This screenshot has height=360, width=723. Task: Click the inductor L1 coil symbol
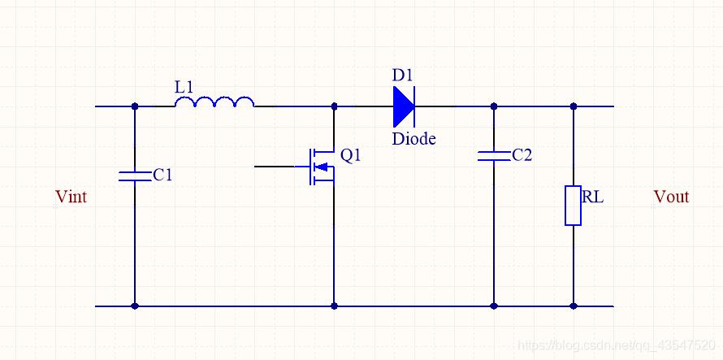click(214, 102)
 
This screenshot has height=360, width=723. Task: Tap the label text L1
click(185, 85)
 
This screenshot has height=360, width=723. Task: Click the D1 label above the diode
click(403, 76)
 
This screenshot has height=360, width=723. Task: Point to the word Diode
click(413, 139)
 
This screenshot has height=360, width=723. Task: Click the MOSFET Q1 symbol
click(322, 166)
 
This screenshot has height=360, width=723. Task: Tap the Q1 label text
click(351, 155)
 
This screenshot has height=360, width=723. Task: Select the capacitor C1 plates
click(135, 175)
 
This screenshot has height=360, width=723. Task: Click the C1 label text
click(162, 174)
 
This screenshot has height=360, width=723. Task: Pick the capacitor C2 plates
click(494, 155)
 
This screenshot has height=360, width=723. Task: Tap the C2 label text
click(522, 154)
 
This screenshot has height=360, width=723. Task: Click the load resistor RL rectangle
click(574, 205)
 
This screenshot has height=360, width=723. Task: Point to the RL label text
click(593, 196)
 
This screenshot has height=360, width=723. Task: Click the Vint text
click(71, 197)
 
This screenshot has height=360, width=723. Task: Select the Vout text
click(671, 197)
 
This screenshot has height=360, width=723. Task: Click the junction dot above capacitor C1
click(135, 106)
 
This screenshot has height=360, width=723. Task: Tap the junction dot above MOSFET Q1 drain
click(334, 106)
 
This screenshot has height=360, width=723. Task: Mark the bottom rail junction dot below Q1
click(334, 306)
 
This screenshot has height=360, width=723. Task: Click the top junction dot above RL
click(574, 106)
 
